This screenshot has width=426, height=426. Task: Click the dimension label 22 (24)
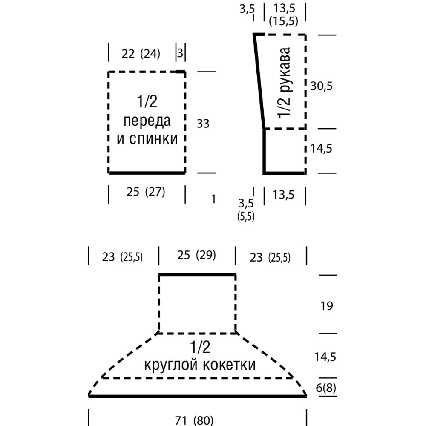click(141, 54)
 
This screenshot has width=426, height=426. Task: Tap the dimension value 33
click(203, 124)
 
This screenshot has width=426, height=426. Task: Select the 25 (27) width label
click(146, 192)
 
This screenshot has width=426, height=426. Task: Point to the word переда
click(147, 121)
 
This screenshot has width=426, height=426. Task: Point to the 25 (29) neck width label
click(197, 256)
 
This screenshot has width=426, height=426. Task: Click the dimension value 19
click(326, 306)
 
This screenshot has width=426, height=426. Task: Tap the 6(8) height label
click(327, 389)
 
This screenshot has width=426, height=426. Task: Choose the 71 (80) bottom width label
click(194, 420)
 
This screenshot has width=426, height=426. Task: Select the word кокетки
click(230, 366)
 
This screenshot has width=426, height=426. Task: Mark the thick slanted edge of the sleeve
click(259, 81)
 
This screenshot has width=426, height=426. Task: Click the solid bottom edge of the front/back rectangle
click(147, 173)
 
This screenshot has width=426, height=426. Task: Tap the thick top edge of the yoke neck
click(197, 275)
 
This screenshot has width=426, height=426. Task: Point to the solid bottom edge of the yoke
click(197, 396)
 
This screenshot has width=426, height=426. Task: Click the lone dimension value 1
click(213, 199)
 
